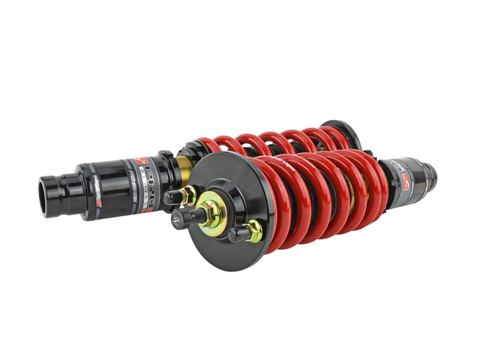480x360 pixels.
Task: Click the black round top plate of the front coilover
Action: pos(229,184)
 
